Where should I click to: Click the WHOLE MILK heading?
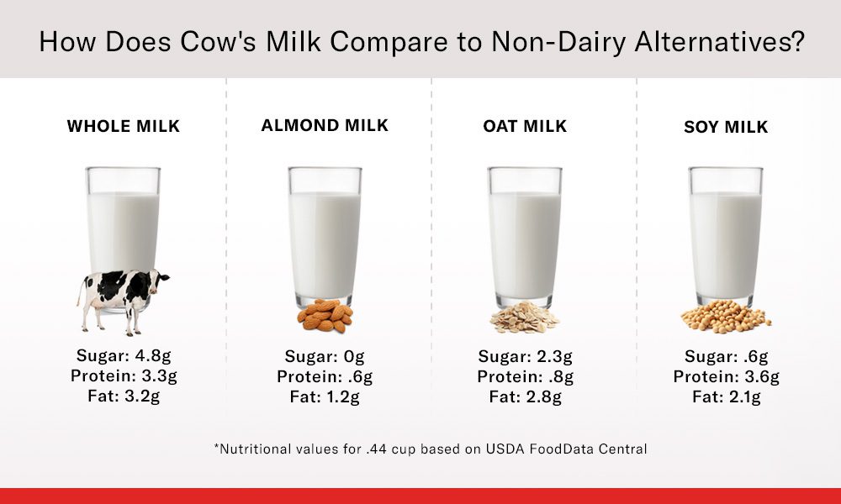point(124,127)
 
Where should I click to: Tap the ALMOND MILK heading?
point(325,125)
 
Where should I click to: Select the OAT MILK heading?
point(525,126)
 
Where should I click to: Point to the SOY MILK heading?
point(726,127)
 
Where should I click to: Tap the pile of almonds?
point(325,316)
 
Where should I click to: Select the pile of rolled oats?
point(524,318)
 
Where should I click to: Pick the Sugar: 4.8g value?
point(124,355)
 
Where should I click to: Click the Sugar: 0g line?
point(325,355)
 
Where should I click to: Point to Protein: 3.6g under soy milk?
point(726,376)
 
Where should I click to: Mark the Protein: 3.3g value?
point(124,375)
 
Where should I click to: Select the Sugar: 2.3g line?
point(526,355)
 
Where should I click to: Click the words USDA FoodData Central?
point(564,449)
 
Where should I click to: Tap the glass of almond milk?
point(325,235)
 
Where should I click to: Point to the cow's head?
point(159,279)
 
